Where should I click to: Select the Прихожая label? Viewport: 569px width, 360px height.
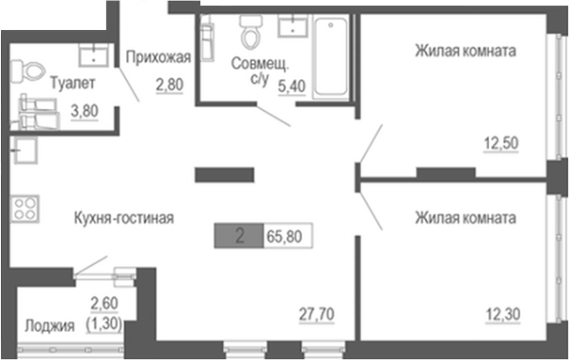click(x=159, y=56)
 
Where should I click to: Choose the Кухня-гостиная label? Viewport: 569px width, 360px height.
click(x=124, y=218)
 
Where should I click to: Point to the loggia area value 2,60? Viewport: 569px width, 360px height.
click(x=104, y=303)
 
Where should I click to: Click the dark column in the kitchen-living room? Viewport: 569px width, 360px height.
click(x=225, y=173)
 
